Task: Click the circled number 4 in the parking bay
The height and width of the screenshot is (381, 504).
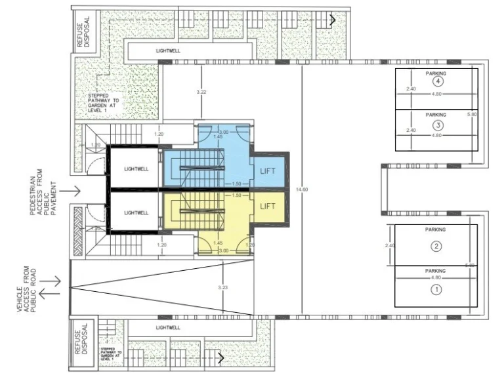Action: (x=436, y=83)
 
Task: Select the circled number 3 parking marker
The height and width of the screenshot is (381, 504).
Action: (x=436, y=125)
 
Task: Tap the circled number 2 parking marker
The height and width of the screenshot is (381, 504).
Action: (x=435, y=247)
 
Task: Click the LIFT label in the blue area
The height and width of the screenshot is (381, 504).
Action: (x=268, y=170)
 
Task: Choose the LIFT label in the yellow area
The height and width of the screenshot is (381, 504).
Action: (x=268, y=206)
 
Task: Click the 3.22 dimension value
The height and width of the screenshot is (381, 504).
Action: (x=201, y=92)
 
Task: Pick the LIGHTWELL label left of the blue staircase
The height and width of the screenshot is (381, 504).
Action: (x=136, y=169)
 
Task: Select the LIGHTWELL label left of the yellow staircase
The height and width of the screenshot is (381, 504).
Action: (x=136, y=212)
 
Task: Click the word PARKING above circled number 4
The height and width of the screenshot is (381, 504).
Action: (x=436, y=74)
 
